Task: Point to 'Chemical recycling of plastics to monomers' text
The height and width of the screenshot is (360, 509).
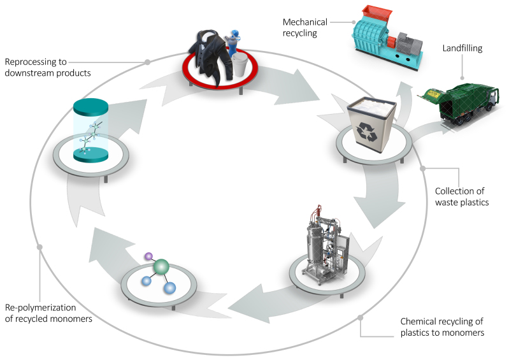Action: tap(441, 327)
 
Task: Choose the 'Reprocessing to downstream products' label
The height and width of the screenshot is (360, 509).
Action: tap(47, 68)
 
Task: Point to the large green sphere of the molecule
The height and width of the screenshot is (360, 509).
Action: tap(162, 268)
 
